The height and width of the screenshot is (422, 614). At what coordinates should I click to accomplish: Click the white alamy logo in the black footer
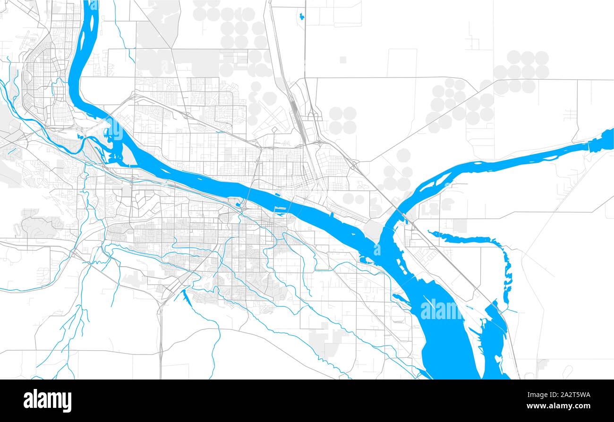point(47,400)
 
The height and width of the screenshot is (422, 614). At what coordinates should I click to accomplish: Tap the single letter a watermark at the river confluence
point(377,249)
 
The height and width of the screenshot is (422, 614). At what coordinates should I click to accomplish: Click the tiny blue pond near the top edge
point(301,17)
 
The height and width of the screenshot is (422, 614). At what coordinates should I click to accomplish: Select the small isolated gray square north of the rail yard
point(342,59)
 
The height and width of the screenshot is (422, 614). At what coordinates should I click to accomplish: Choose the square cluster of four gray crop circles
point(342,120)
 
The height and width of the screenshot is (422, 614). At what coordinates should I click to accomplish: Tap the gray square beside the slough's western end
point(459,226)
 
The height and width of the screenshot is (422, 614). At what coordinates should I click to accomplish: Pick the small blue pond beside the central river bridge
point(235,204)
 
